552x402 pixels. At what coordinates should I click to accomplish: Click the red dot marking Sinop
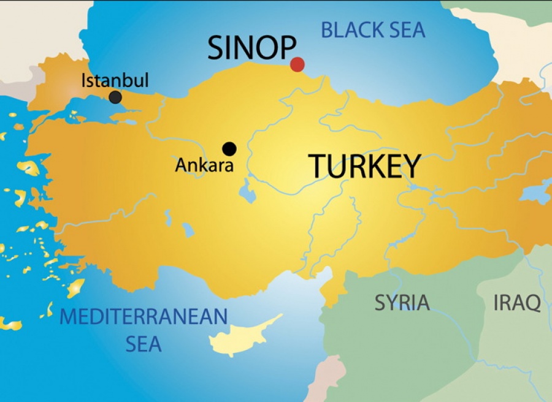pos(297,64)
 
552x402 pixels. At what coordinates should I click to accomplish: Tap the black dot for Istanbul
pos(115,97)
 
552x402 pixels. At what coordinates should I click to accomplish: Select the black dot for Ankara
pos(229,148)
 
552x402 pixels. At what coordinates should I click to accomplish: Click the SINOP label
pos(251,48)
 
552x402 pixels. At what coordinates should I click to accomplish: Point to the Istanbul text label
pos(115,81)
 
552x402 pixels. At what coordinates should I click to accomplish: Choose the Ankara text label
pos(204,165)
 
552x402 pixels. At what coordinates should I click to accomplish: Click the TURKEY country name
pos(364,166)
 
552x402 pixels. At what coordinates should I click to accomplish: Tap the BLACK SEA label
pos(373,29)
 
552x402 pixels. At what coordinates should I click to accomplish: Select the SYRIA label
pos(402,303)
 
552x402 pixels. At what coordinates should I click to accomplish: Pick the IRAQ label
pos(517,303)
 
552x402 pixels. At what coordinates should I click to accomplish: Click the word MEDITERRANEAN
pos(144,317)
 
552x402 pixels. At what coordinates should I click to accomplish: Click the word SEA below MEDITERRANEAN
pos(144,344)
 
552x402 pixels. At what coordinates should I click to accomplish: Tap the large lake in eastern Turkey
pos(535,193)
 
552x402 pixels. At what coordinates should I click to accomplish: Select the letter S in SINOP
pos(217,48)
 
